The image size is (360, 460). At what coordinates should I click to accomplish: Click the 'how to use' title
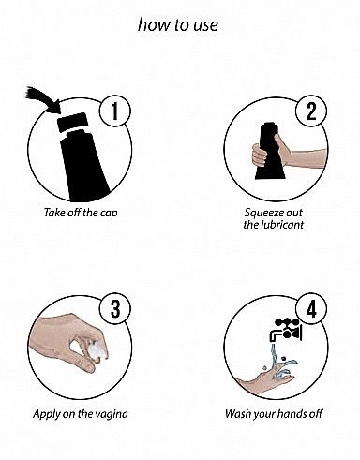tap(178, 25)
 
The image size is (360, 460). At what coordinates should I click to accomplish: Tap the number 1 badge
tap(115, 111)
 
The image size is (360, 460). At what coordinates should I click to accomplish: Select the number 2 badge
tap(311, 111)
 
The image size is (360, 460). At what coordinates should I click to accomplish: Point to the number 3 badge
tap(115, 309)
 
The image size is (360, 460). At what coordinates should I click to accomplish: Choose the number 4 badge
tap(311, 309)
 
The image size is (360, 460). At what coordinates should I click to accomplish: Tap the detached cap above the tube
tap(72, 122)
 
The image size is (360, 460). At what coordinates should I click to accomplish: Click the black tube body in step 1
tap(83, 166)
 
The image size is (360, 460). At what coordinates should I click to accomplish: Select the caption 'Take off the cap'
tap(81, 213)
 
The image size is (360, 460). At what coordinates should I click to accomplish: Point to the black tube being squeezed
tap(270, 151)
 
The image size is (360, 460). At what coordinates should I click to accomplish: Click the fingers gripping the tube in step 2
tap(259, 156)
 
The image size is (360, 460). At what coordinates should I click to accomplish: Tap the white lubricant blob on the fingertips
tap(95, 351)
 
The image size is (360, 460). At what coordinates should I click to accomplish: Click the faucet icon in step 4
tap(286, 331)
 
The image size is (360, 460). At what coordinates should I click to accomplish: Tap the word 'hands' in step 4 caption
tap(292, 414)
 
